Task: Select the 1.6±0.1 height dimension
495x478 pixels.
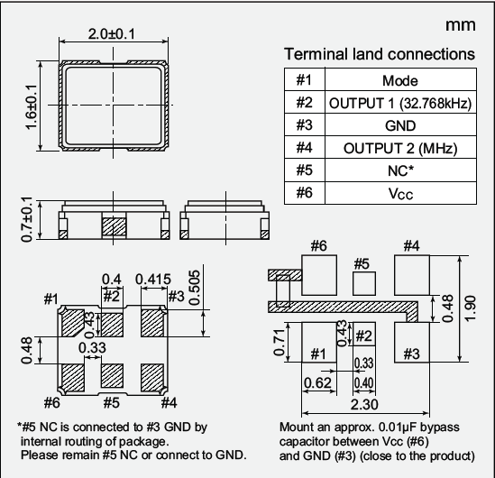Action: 32,106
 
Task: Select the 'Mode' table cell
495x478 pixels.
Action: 399,81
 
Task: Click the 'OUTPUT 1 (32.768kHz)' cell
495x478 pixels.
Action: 399,104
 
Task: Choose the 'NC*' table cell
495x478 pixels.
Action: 399,170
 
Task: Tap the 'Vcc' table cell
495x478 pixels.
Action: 399,193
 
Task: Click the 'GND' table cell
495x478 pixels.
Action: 399,126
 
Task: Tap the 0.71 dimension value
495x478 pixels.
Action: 280,342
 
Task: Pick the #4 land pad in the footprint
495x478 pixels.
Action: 411,271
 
